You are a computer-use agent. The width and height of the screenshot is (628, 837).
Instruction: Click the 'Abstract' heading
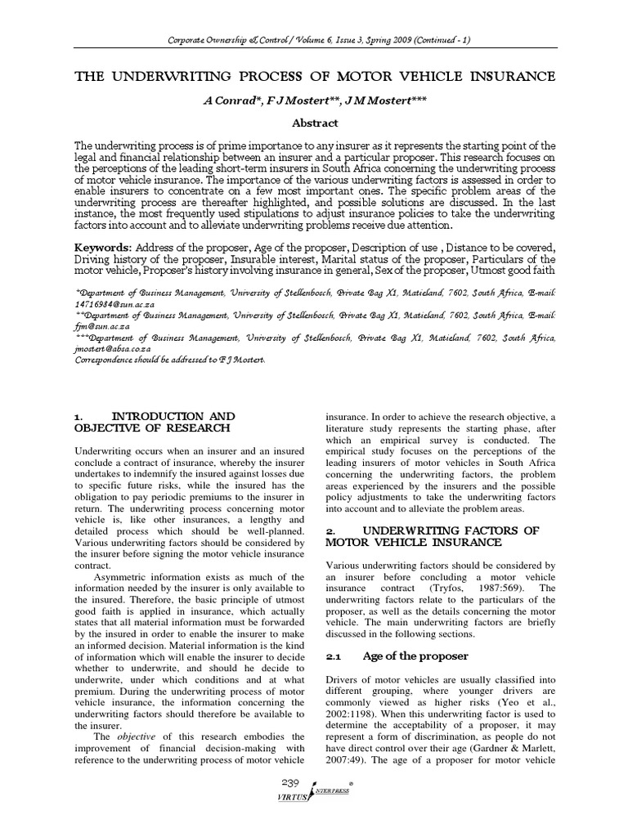pos(315,123)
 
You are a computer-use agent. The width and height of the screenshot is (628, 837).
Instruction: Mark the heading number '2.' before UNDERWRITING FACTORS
pos(332,530)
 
